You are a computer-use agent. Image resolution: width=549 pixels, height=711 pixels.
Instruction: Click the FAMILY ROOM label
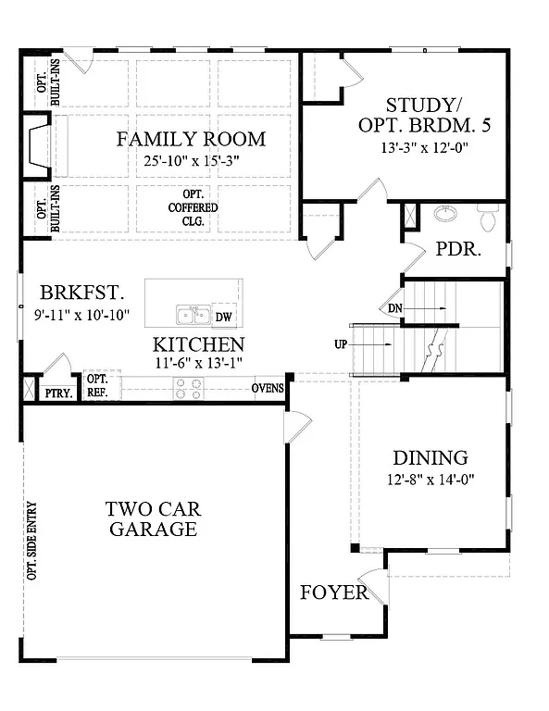tap(191, 140)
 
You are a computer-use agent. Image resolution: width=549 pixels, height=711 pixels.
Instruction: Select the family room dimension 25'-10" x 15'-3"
tap(191, 161)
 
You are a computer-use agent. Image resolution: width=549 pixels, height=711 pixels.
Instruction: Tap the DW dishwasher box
tap(223, 317)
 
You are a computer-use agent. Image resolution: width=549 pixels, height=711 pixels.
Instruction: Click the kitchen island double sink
tap(192, 316)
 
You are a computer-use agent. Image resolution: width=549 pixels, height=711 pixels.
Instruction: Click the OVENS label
tap(268, 387)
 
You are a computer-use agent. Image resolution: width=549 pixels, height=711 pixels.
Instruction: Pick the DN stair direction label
tap(393, 308)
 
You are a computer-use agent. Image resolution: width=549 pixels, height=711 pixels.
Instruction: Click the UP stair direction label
tap(341, 345)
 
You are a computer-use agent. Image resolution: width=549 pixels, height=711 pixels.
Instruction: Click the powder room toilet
tap(487, 218)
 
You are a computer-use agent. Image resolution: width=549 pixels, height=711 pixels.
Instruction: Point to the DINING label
tap(430, 457)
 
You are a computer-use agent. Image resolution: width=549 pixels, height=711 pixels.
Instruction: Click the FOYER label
tap(333, 592)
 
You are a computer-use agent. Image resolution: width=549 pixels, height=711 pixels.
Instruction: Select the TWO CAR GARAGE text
tap(153, 519)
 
